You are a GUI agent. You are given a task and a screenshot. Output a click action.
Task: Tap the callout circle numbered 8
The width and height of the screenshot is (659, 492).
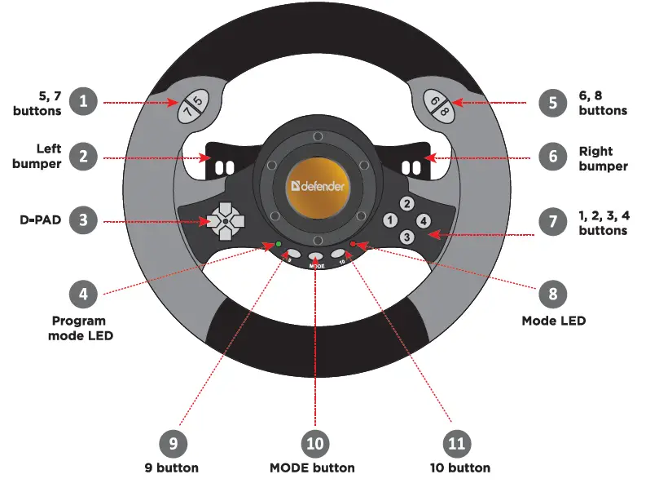[554, 292]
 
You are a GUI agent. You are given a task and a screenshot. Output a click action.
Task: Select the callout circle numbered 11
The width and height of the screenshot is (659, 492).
[458, 443]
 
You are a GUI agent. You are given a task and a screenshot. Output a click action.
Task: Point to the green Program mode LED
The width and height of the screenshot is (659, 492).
[278, 244]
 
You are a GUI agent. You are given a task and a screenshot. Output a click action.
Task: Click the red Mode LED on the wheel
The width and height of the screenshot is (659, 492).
[354, 244]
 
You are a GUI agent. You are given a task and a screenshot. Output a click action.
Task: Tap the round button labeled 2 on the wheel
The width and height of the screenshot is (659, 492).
[407, 204]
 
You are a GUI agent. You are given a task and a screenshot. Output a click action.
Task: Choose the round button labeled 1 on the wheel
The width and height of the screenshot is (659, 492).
[391, 220]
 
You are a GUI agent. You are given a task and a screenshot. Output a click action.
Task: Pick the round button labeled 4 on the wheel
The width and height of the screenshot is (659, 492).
[424, 220]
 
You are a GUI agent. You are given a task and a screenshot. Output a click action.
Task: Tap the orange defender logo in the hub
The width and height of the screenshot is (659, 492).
[318, 186]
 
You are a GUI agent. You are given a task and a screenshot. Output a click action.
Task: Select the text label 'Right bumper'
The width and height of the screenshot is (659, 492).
[603, 158]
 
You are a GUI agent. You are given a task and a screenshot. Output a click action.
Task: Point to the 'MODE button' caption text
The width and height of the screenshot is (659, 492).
[312, 468]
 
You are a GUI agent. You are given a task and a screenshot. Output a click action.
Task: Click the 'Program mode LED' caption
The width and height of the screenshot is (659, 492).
[79, 328]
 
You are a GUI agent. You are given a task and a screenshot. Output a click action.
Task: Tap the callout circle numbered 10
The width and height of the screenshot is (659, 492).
[315, 443]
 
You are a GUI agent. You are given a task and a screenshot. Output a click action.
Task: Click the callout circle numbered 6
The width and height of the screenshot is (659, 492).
[554, 157]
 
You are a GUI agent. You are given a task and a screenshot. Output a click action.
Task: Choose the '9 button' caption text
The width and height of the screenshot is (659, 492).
[172, 468]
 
